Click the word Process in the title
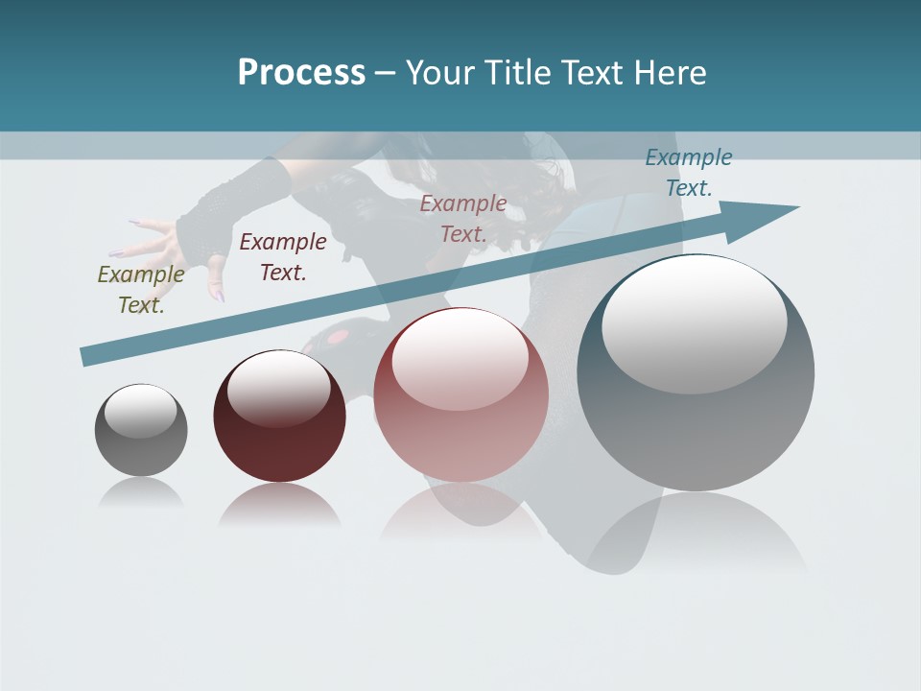point(301,72)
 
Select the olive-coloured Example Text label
point(141,289)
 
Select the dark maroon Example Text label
point(283,256)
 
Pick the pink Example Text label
point(463,218)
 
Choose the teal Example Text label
point(689,172)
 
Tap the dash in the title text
point(385,73)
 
